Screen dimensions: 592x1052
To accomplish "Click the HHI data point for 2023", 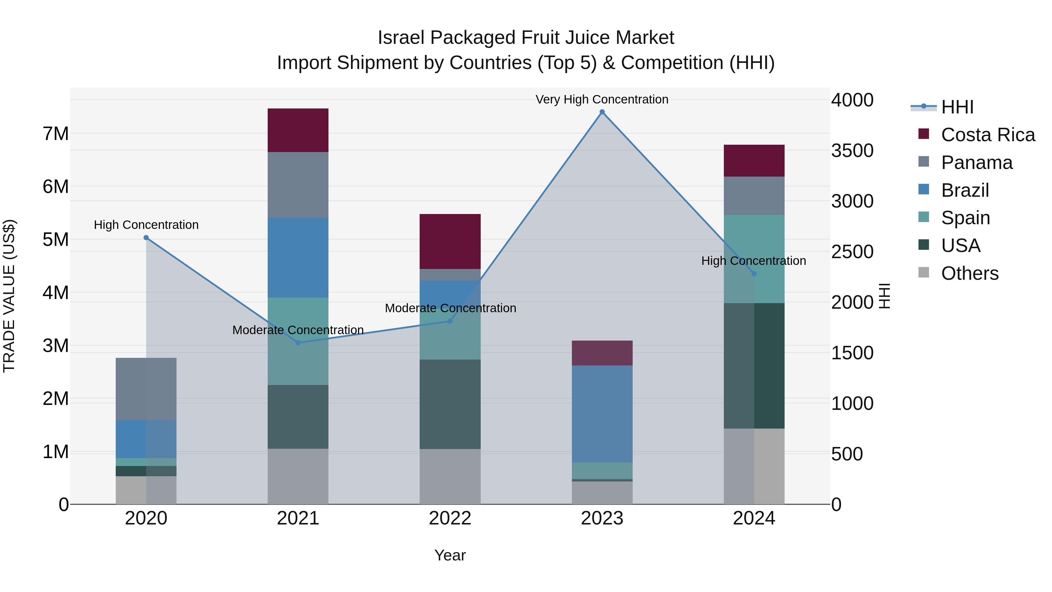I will [x=602, y=112].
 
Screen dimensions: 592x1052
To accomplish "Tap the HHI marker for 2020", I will [x=146, y=238].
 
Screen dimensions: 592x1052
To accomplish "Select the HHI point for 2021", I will [x=298, y=343].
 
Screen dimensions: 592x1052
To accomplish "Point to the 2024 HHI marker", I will [x=754, y=274].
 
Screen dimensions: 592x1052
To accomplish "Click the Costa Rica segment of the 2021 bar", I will [x=298, y=130].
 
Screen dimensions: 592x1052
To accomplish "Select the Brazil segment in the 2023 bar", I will [x=602, y=414].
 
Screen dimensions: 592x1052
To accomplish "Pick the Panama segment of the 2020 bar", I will [x=146, y=389].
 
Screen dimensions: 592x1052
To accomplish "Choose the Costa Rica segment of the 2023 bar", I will [x=602, y=353].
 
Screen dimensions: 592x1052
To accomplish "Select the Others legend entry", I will [x=970, y=273].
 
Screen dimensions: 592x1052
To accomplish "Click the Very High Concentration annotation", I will [x=602, y=99].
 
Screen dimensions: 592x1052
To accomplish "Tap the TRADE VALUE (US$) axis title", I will [x=9, y=296].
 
